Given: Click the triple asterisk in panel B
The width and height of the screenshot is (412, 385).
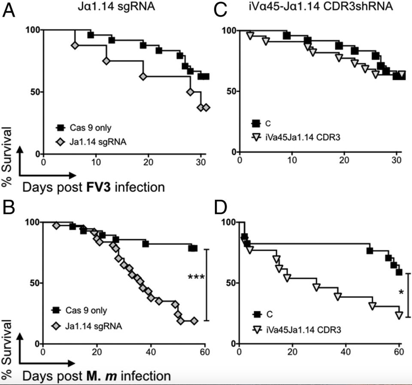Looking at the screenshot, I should pyautogui.click(x=196, y=277).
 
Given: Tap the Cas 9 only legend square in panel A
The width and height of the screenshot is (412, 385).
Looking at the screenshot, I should pyautogui.click(x=60, y=127).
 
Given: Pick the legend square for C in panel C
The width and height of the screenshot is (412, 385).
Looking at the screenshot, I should pyautogui.click(x=257, y=124).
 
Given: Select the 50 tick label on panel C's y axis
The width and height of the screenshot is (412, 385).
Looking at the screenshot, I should pyautogui.click(x=232, y=91).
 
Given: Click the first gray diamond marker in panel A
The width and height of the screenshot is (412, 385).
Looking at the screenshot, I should pyautogui.click(x=75, y=45).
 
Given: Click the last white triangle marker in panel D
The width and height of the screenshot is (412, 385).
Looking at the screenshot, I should pyautogui.click(x=399, y=315).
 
